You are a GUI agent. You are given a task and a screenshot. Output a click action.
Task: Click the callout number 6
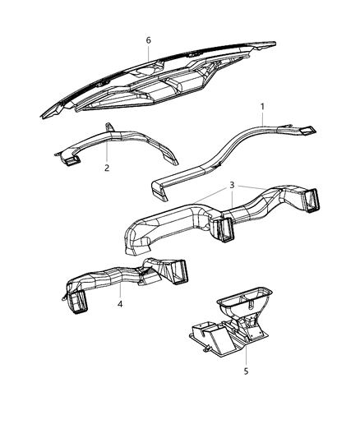click(x=148, y=39)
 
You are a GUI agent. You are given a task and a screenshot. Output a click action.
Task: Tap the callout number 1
click(x=262, y=107)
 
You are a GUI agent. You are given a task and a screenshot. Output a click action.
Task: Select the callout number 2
click(x=106, y=168)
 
